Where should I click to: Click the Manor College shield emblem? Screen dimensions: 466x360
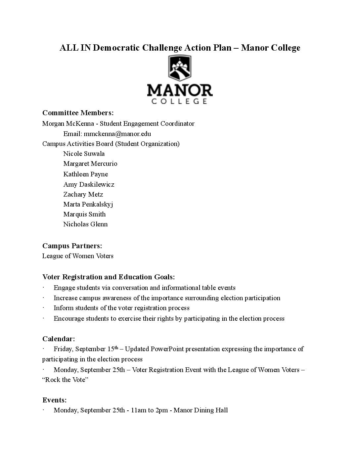click(180, 69)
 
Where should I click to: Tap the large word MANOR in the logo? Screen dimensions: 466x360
click(180, 90)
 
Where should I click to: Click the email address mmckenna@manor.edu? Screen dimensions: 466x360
click(117, 134)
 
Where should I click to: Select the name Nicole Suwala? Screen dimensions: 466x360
click(84, 154)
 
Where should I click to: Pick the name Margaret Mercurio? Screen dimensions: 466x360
click(90, 163)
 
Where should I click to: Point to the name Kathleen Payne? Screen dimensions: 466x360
click(85, 174)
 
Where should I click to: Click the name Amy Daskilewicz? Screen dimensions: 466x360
click(89, 184)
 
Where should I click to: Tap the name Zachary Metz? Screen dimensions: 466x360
click(83, 194)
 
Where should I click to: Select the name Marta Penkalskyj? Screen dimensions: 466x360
click(88, 204)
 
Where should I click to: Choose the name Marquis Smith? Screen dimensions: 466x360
click(84, 214)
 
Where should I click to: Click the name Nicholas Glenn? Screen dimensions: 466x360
click(85, 224)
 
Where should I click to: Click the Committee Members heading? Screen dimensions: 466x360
click(78, 113)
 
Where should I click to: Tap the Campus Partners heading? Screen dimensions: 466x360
click(72, 246)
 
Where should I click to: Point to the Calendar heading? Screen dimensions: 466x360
click(59, 339)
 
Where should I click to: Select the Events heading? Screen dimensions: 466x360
click(55, 400)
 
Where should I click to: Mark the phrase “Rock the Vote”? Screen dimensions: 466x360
click(65, 380)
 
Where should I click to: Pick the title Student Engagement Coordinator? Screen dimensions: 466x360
click(147, 124)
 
